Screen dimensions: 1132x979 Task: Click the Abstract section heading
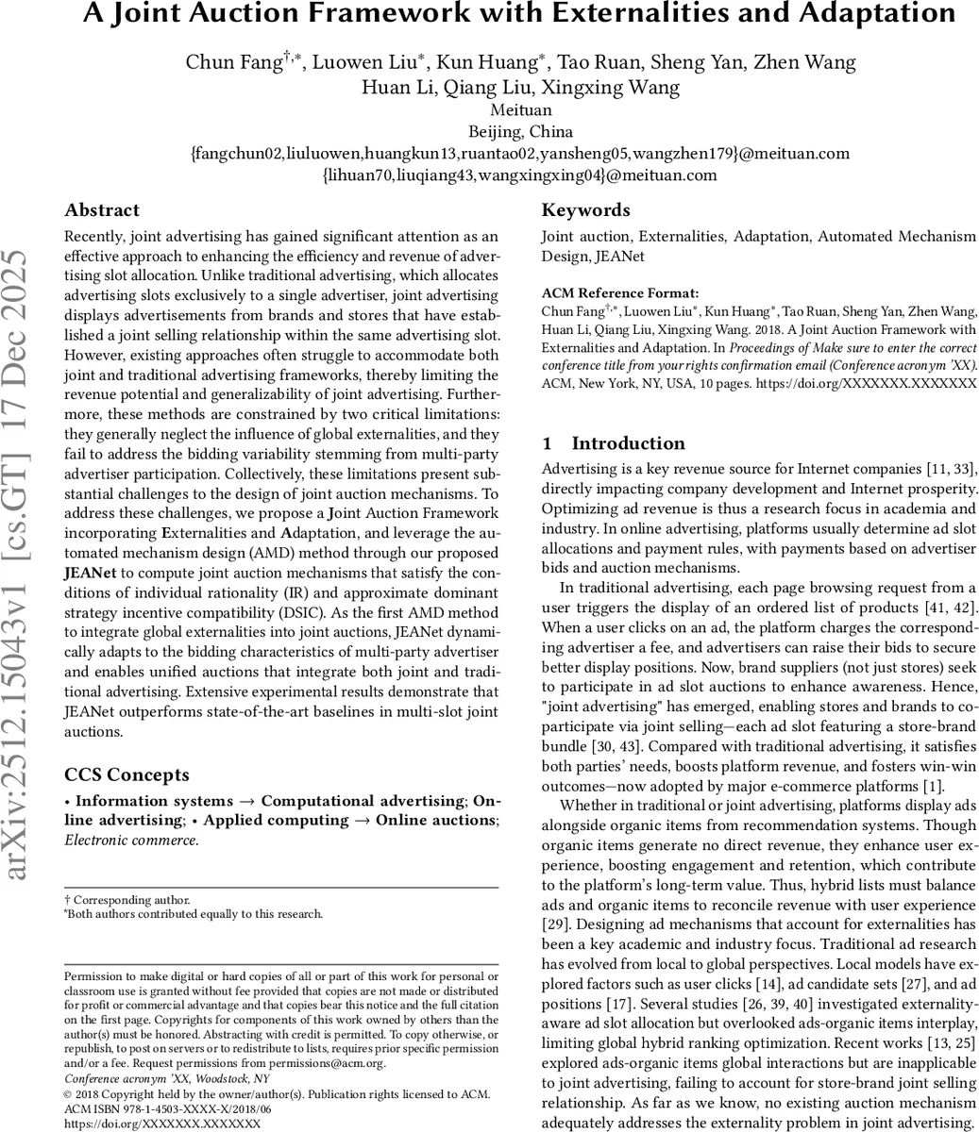click(102, 210)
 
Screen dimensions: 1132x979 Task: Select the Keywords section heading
click(585, 210)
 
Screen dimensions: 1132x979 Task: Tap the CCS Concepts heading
click(127, 775)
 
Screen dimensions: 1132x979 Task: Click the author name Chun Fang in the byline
click(233, 63)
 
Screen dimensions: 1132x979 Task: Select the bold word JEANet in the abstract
click(92, 573)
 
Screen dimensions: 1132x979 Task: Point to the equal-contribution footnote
click(194, 913)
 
